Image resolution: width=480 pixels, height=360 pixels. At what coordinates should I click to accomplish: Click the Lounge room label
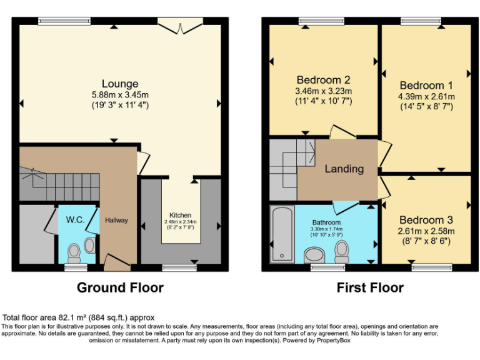click(x=120, y=84)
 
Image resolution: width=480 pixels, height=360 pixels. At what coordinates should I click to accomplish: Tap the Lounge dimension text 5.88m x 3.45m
click(x=120, y=94)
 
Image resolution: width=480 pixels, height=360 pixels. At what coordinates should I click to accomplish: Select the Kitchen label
click(x=181, y=215)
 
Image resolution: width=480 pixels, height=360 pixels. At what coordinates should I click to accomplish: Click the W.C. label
click(x=76, y=220)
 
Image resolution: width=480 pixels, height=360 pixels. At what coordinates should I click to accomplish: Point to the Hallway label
click(x=116, y=220)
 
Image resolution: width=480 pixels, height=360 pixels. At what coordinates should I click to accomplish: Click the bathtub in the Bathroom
click(x=282, y=234)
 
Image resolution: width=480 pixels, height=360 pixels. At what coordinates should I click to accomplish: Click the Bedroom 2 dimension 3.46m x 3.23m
click(x=323, y=91)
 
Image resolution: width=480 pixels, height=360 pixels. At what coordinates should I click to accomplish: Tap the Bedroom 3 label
click(x=426, y=221)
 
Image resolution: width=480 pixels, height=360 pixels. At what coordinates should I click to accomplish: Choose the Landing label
click(x=344, y=169)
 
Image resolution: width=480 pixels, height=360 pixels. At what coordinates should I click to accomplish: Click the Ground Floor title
click(x=120, y=287)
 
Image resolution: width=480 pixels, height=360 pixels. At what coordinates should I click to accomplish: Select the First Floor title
click(x=370, y=287)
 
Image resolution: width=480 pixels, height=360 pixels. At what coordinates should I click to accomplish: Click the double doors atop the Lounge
click(x=180, y=26)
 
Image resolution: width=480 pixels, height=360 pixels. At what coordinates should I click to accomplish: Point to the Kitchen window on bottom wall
click(x=179, y=267)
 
